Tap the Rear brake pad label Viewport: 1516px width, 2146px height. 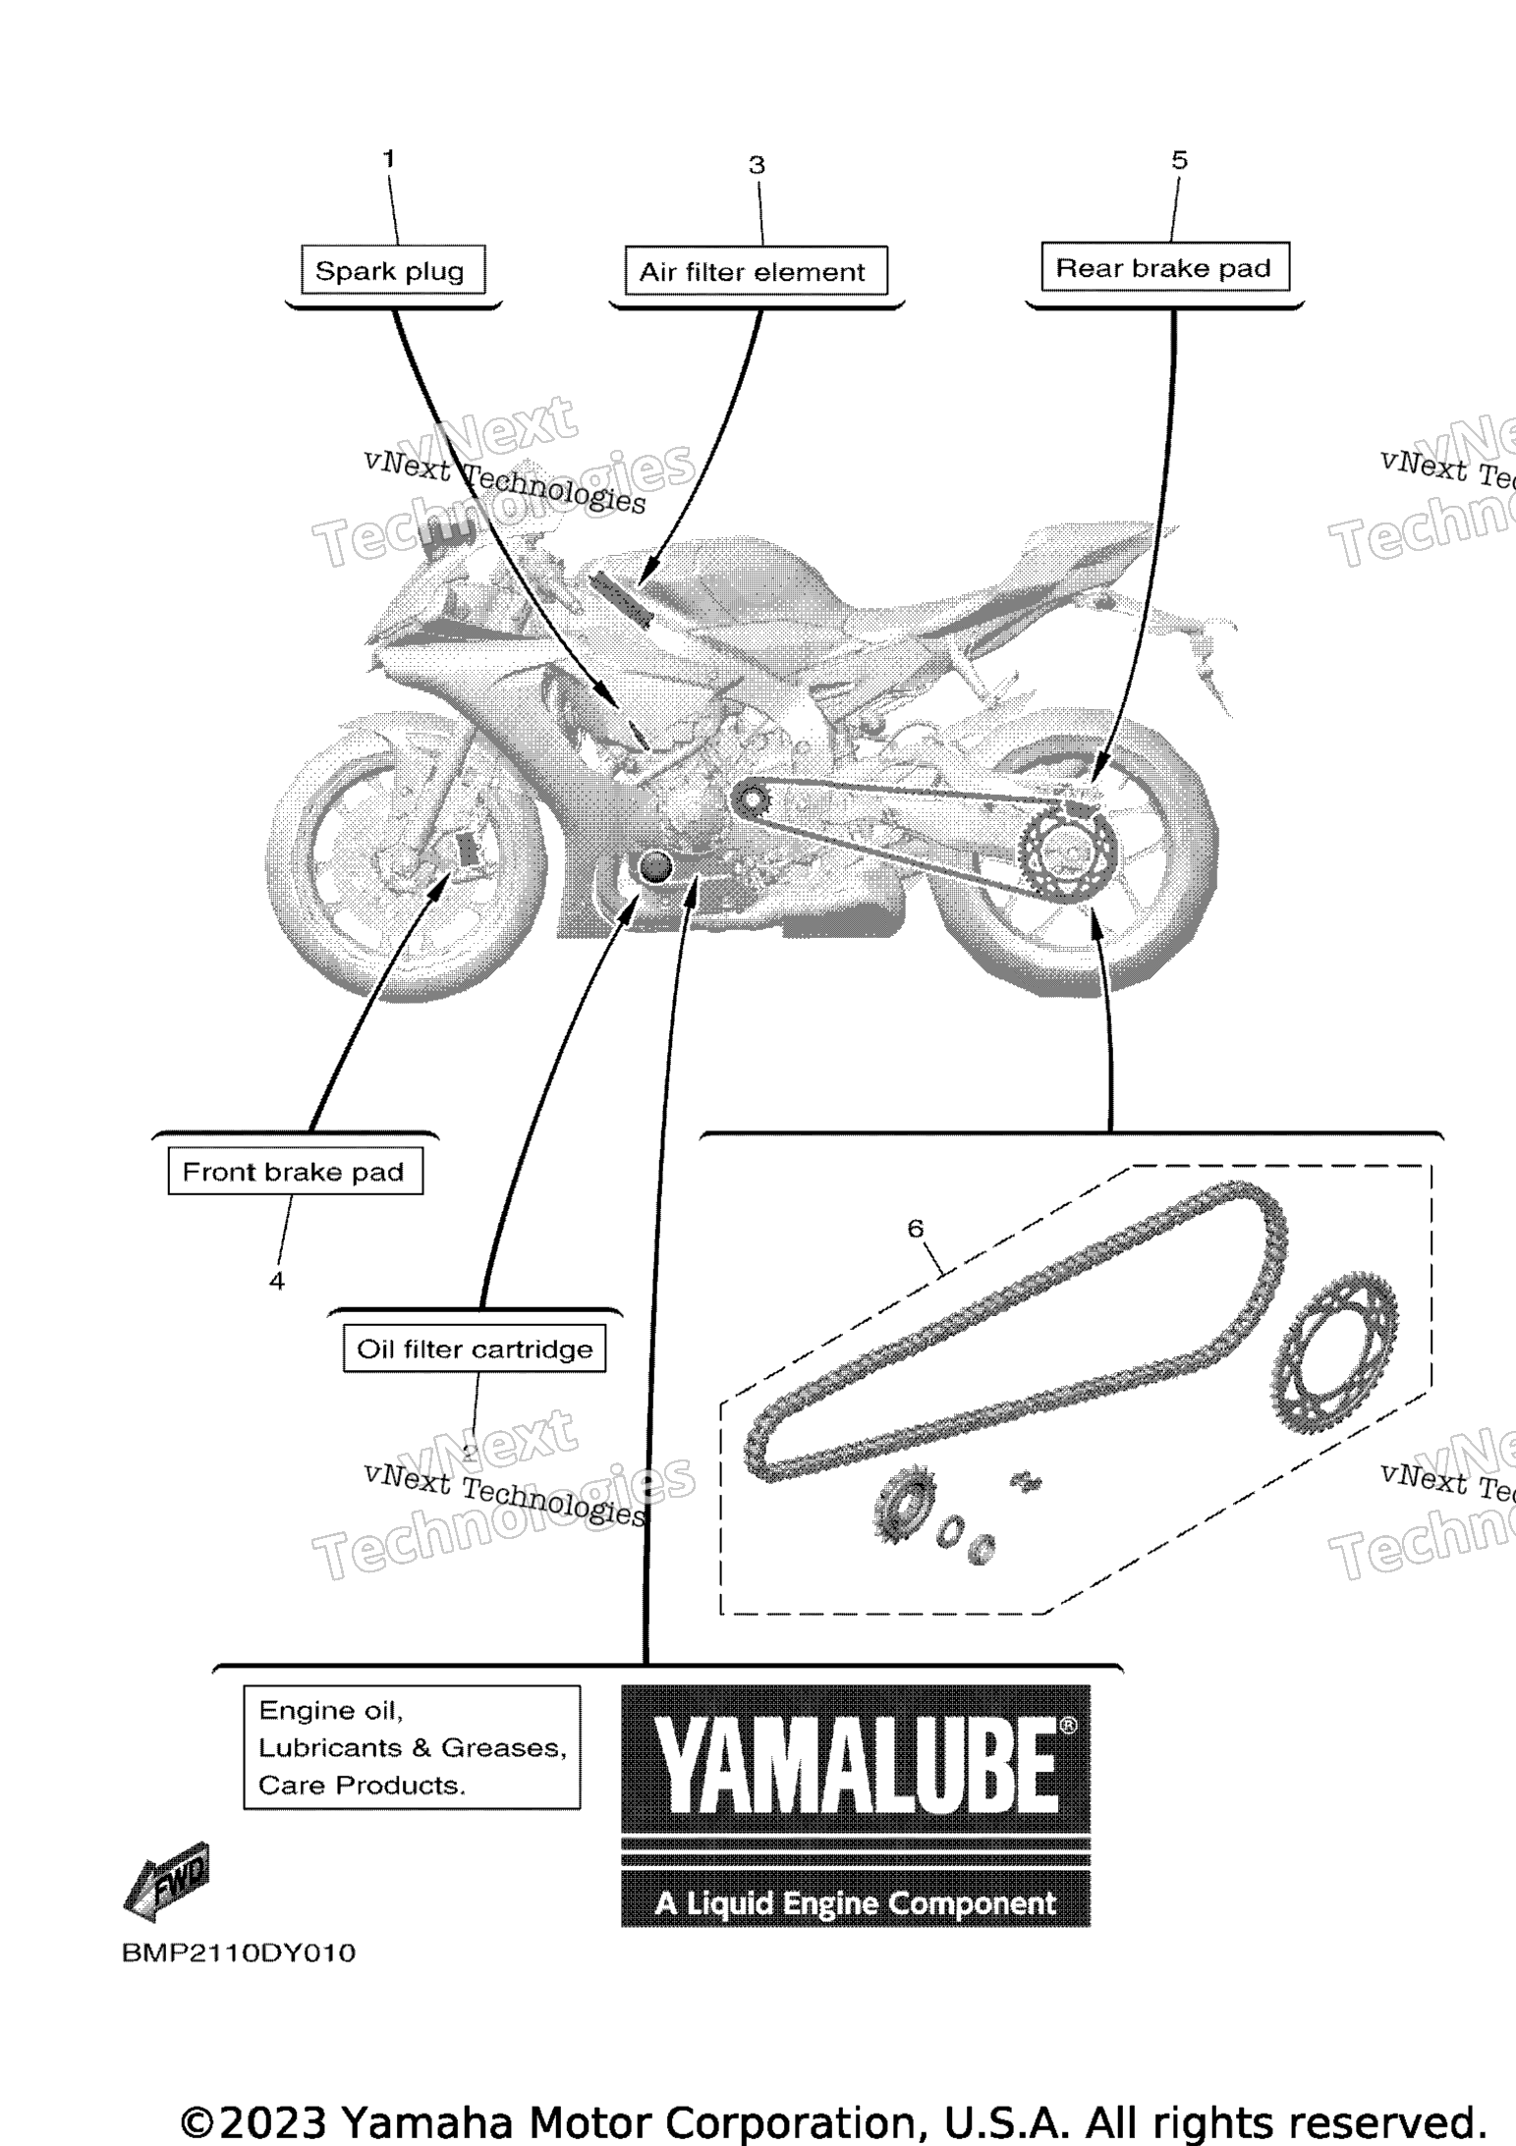(1164, 267)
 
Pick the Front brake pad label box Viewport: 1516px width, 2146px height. (295, 1171)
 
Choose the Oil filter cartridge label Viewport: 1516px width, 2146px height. (475, 1348)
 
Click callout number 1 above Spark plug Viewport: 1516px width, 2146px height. (389, 158)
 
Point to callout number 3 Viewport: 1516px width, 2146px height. (757, 165)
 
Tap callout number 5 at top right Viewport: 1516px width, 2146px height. (1180, 160)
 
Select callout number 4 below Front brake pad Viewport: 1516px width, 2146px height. (277, 1281)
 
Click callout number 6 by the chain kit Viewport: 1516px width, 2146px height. (916, 1228)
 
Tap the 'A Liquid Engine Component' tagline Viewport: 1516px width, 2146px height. (856, 1903)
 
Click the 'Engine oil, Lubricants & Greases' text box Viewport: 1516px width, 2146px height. (412, 1747)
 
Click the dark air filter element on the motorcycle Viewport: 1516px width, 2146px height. (620, 600)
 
